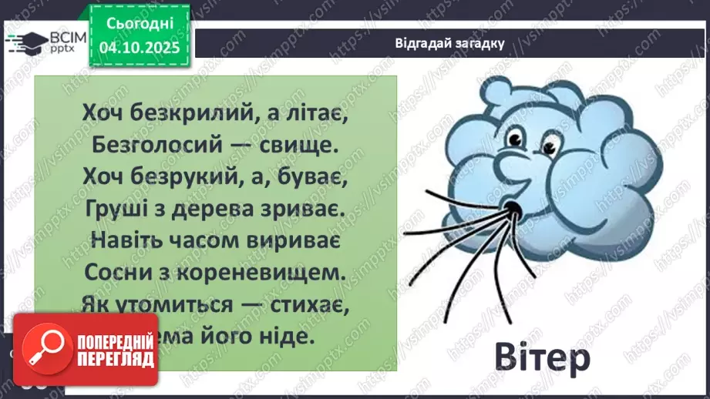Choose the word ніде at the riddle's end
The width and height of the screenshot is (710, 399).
point(292,337)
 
